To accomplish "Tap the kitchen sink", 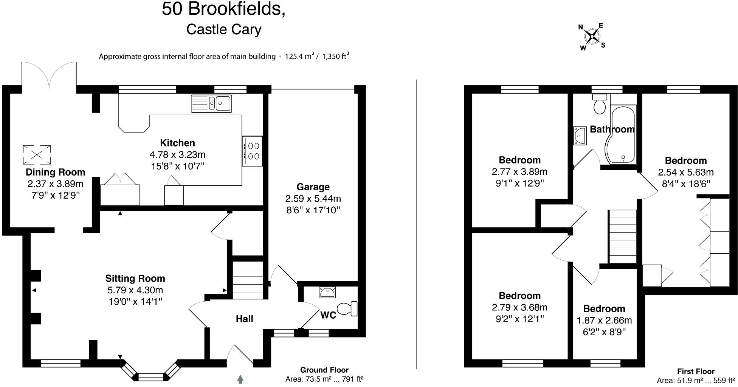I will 211,103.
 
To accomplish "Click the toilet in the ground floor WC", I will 347,308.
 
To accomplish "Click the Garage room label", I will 313,187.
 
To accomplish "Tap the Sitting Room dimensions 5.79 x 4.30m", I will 135,290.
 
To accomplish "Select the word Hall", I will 244,319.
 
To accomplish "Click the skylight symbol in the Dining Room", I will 37,154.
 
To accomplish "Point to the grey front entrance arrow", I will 240,379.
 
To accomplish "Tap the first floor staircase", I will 622,236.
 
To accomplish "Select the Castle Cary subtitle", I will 224,29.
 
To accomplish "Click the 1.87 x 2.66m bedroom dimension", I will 604,321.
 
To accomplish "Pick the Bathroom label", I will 612,130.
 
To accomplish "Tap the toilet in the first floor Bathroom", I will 600,104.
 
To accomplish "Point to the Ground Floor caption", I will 324,370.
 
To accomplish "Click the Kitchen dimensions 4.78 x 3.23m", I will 177,154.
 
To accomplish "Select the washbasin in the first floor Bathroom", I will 580,136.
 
